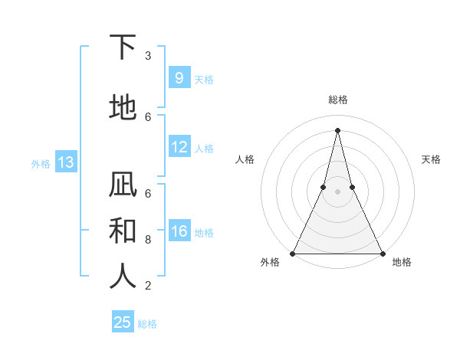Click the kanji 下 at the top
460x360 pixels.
coord(123,47)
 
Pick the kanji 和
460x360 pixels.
coord(123,230)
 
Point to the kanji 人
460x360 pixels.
coord(123,276)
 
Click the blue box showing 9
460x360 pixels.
coord(179,78)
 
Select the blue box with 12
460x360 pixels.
coord(179,147)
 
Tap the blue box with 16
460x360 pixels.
coord(179,231)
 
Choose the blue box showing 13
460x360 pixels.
coord(65,162)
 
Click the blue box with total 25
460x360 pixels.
coord(123,322)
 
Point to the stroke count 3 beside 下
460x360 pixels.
coord(148,56)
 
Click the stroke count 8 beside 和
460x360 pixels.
coord(148,239)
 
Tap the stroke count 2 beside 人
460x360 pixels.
coord(148,286)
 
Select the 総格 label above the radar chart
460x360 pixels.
coord(337,100)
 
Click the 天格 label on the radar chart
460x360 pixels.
coord(431,159)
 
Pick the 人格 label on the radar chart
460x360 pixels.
coord(245,159)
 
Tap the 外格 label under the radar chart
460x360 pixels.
coord(270,262)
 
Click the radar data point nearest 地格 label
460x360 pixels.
coord(382,253)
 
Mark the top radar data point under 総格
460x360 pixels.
coord(337,129)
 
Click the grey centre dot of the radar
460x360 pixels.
coord(337,191)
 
